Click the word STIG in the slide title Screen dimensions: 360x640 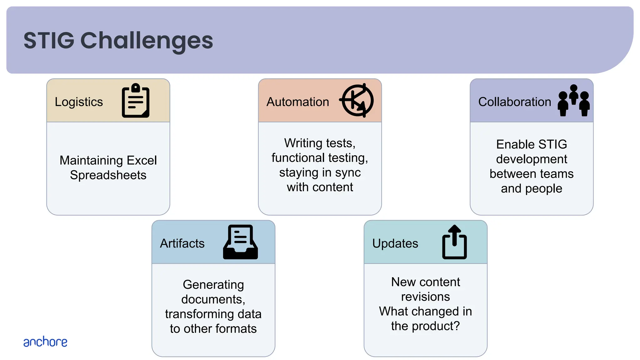click(x=49, y=41)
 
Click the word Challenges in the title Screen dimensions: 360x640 click(x=147, y=41)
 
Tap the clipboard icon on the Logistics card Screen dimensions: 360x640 click(x=136, y=101)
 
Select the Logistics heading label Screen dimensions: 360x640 click(x=79, y=102)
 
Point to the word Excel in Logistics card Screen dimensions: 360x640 click(x=142, y=160)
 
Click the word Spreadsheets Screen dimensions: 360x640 click(x=108, y=175)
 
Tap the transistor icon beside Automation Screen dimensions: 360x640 click(x=357, y=101)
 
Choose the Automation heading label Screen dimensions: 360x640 click(x=297, y=102)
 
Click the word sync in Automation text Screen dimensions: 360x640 click(x=348, y=172)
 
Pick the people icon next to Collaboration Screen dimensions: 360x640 click(x=573, y=101)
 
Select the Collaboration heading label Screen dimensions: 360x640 click(x=514, y=102)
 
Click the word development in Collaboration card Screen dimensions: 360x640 click(x=531, y=159)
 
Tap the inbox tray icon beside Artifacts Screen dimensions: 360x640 click(x=240, y=242)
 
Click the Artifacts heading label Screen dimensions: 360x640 click(x=182, y=243)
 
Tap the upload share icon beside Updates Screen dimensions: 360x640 click(x=454, y=242)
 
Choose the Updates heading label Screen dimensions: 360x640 click(x=395, y=243)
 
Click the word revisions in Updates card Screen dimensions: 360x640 click(x=425, y=297)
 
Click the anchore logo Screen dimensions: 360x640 click(x=45, y=342)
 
